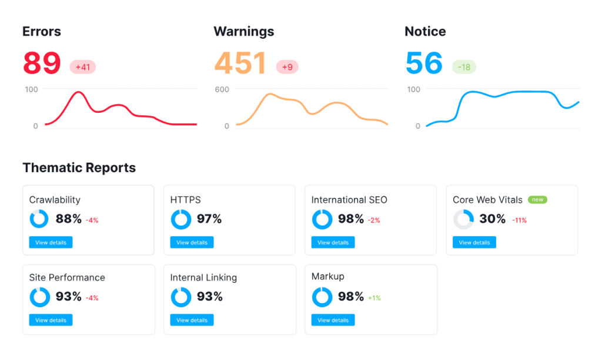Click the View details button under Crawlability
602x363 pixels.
click(x=51, y=242)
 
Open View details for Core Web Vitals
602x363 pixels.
click(x=474, y=242)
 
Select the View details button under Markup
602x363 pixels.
click(x=333, y=320)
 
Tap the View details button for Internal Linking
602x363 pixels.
click(x=192, y=320)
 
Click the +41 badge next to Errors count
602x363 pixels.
click(x=83, y=67)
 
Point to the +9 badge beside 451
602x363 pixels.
click(x=287, y=67)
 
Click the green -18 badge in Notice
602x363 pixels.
click(x=464, y=67)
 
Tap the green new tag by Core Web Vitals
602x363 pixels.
click(x=537, y=200)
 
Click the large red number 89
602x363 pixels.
click(x=42, y=63)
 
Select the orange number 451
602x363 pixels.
click(x=240, y=63)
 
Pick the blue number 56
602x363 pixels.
click(x=424, y=63)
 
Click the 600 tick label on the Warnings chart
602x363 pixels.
click(x=222, y=89)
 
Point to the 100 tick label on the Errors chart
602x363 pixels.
click(x=31, y=89)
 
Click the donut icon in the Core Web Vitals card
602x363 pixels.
click(x=463, y=219)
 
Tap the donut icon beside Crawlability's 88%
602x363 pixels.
click(x=39, y=219)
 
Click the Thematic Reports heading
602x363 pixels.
click(x=79, y=168)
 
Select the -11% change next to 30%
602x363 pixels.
click(x=519, y=220)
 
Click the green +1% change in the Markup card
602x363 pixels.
click(x=374, y=298)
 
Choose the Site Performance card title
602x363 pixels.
click(x=67, y=277)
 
